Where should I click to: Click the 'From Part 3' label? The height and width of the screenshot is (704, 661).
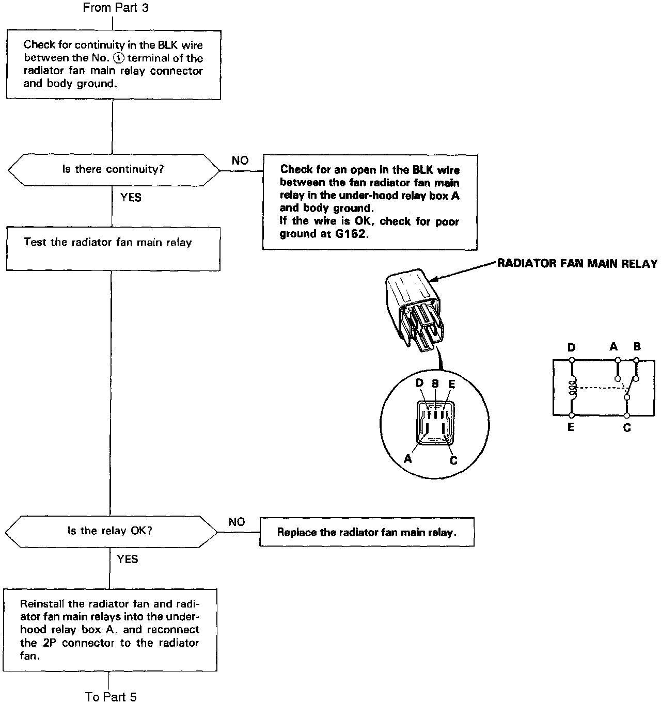(116, 8)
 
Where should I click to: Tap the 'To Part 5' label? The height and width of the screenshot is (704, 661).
(111, 697)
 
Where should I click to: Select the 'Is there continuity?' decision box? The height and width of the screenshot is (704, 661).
(114, 169)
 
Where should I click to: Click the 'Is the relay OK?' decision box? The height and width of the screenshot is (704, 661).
(111, 531)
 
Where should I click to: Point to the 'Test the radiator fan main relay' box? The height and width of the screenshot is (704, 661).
(113, 250)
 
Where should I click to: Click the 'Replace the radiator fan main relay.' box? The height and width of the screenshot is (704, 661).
(367, 532)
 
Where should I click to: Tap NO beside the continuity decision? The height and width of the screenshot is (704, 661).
(240, 161)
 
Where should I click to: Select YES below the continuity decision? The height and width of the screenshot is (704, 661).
(131, 197)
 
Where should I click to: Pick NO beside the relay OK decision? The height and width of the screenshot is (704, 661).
(237, 522)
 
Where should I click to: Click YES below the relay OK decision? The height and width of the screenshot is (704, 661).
(128, 559)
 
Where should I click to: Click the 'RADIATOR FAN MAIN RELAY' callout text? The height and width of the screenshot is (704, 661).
(577, 264)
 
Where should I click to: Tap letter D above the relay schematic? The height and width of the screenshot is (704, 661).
(571, 347)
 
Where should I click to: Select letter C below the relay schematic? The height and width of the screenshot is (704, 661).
(627, 428)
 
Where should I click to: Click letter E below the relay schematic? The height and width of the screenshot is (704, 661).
(571, 427)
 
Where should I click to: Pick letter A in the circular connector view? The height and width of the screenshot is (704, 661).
(408, 458)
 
